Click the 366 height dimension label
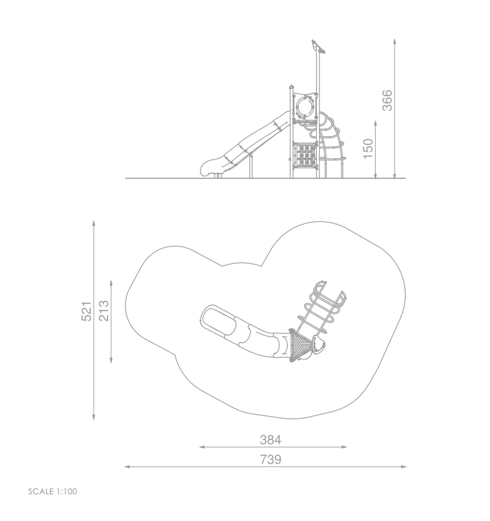[x=387, y=100]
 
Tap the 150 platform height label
[x=368, y=148]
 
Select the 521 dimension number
[x=86, y=311]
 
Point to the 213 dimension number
[x=104, y=311]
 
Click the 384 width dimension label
[x=271, y=440]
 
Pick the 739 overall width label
[x=271, y=459]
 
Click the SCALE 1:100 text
[x=53, y=492]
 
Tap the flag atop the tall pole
[x=318, y=47]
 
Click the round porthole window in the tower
[x=305, y=106]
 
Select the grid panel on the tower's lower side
[x=305, y=154]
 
